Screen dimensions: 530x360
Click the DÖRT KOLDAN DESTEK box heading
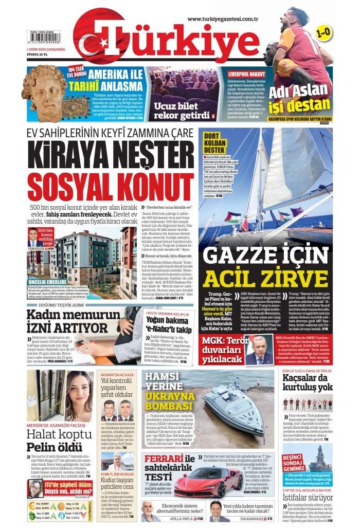click(x=215, y=142)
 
